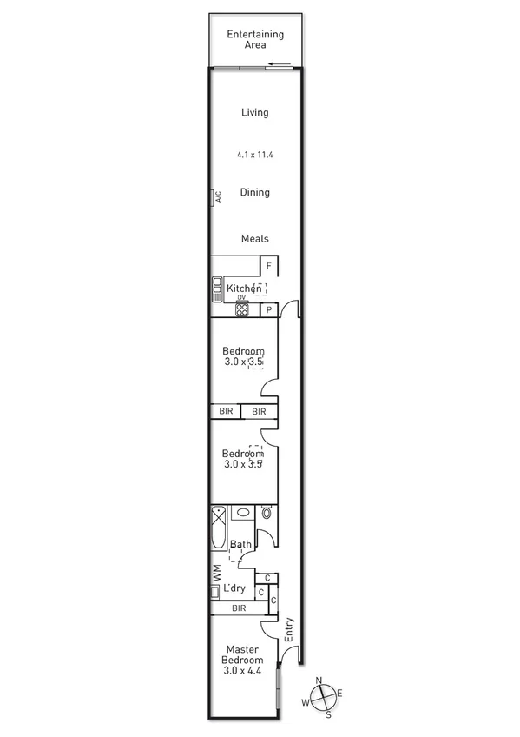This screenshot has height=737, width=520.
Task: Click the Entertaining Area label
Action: (254, 39)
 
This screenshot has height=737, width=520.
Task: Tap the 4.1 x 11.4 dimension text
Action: (254, 155)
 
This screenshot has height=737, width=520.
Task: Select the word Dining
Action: (254, 193)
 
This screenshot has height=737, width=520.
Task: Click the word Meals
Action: (254, 239)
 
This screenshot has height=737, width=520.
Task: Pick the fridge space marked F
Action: (269, 266)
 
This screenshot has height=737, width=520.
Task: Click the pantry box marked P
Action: (269, 309)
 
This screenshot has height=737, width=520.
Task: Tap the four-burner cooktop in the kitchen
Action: (242, 309)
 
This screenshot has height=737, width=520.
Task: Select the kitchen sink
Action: (217, 289)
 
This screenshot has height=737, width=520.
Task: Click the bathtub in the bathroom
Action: (219, 528)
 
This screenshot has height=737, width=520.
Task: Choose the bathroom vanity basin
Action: (242, 513)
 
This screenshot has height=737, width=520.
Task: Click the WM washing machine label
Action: (216, 573)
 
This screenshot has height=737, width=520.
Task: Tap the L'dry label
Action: (234, 588)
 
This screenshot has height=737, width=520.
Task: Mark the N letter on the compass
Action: (319, 681)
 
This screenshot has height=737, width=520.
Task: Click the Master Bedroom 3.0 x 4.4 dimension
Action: (244, 670)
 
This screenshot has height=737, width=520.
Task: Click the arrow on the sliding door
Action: (279, 64)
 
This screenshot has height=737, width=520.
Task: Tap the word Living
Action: (254, 112)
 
